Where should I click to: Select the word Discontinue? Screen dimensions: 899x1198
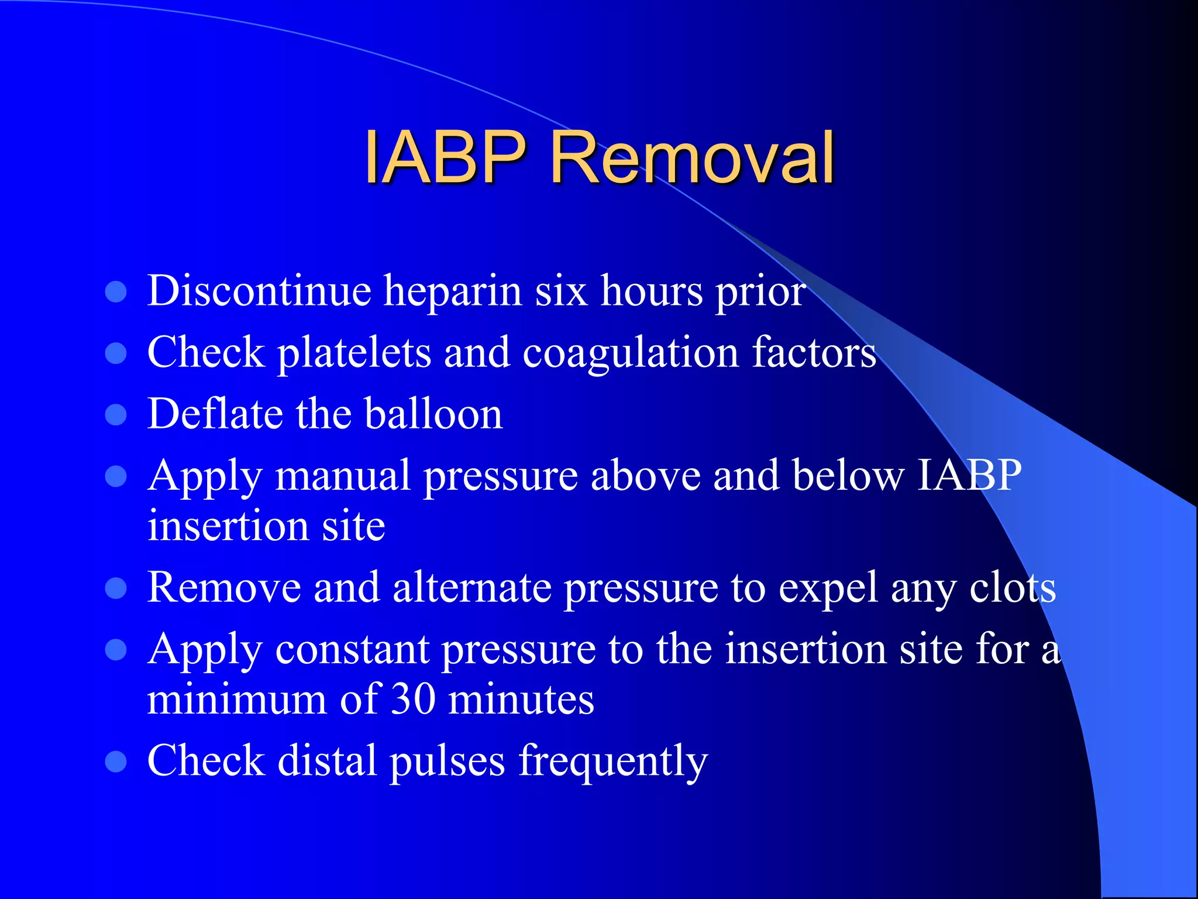259,290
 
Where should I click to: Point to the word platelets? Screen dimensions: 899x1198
354,354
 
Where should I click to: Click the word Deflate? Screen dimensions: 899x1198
215,414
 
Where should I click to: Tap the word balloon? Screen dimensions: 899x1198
433,414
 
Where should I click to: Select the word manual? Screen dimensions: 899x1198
343,475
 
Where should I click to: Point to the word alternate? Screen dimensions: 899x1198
472,588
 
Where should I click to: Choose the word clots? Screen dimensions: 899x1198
1013,588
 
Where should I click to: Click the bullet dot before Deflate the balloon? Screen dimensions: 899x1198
116,414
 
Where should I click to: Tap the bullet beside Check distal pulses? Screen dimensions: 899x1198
116,761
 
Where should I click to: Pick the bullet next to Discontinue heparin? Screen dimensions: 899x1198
116,291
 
